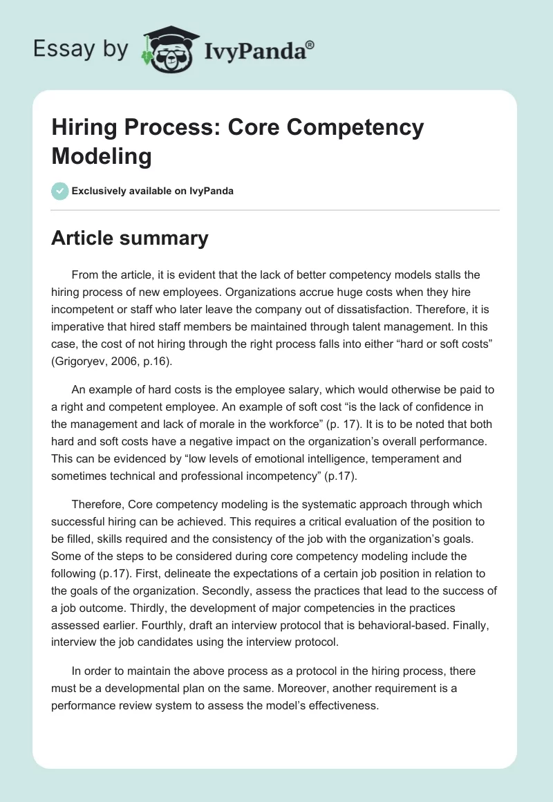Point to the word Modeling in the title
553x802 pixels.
[x=102, y=156]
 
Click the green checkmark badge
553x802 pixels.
[x=60, y=191]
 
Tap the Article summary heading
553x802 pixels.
[x=130, y=238]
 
